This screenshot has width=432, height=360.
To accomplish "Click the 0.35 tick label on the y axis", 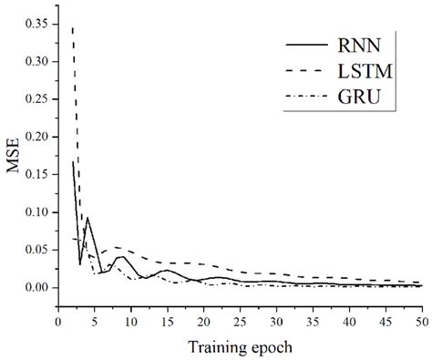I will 36,24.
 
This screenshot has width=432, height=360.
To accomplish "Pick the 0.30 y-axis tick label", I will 36,61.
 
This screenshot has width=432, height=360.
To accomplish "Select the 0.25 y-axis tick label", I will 36,98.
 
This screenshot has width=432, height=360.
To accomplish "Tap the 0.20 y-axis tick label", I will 36,137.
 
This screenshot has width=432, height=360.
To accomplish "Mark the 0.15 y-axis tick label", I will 36,174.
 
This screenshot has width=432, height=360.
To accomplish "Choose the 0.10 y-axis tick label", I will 36,212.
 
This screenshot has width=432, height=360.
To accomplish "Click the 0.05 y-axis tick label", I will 36,250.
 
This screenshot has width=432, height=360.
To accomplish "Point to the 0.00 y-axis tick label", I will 36,288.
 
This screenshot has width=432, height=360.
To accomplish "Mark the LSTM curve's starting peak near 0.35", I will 73,28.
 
